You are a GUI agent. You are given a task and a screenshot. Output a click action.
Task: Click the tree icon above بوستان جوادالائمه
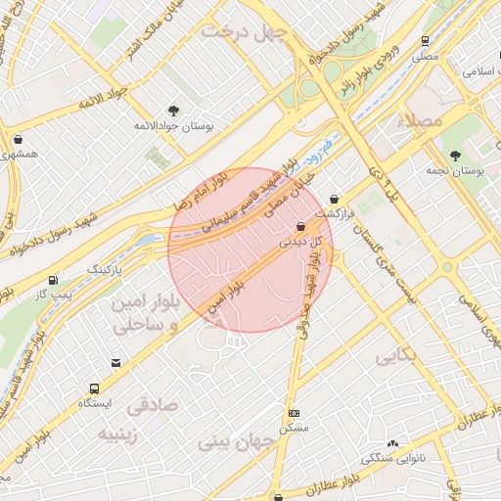173,112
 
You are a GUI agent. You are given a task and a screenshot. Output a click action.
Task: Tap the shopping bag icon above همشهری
18,138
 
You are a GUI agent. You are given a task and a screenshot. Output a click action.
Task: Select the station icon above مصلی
425,41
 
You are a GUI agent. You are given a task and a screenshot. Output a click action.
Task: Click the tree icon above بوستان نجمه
454,155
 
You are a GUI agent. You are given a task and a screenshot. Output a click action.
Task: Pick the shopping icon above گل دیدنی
299,225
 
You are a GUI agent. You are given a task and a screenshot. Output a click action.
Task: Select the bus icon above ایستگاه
95,387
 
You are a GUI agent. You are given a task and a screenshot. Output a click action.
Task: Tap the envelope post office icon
116,363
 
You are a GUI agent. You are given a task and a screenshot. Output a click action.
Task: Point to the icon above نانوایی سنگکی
394,443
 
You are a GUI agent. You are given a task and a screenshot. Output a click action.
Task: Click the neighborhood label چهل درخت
242,32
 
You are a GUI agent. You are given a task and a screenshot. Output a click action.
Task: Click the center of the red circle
250,250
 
